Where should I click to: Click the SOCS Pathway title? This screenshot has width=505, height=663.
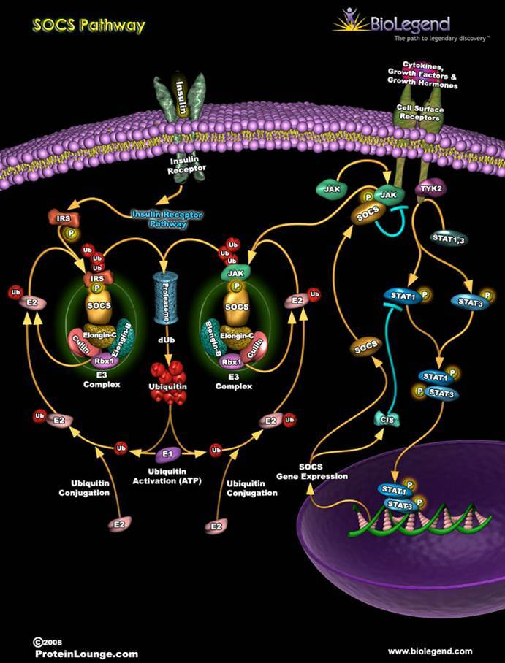click(x=89, y=26)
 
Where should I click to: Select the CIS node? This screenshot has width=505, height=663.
click(x=385, y=419)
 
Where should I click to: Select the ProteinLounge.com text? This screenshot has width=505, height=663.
click(x=86, y=654)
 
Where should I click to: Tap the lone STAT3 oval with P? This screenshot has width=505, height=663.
click(x=468, y=300)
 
